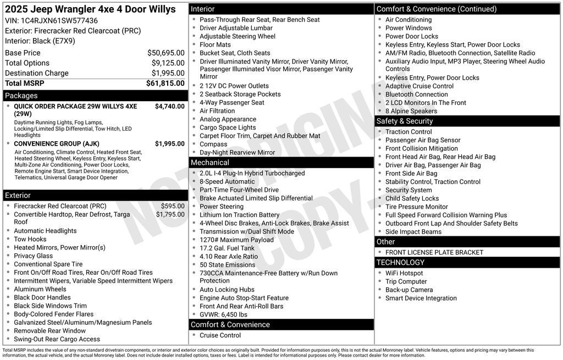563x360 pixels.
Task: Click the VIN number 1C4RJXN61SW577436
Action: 59,21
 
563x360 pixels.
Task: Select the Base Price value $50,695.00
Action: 165,53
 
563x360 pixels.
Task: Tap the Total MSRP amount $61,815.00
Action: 165,83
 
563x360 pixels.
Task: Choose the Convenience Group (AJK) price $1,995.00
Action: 169,144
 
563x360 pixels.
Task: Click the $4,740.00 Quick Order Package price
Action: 169,107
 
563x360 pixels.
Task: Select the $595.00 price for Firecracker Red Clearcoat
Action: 173,206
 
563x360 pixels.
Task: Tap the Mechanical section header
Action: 209,163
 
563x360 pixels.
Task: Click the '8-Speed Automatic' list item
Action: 227,181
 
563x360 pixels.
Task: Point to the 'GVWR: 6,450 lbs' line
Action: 223,314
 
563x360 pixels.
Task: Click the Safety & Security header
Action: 404,121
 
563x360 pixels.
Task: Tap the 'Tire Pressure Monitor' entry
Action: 416,207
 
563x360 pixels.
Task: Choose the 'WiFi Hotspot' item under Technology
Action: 404,273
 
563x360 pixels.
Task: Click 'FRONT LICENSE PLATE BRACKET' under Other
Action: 434,252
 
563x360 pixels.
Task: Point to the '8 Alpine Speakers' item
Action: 411,111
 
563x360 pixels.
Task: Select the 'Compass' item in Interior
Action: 213,144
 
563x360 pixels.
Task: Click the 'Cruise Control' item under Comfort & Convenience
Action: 220,335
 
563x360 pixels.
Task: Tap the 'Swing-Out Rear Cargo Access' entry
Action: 57,339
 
